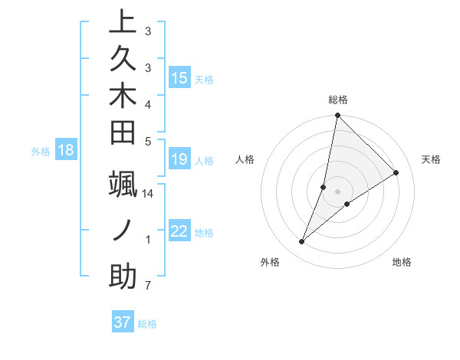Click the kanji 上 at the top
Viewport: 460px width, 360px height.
point(123,23)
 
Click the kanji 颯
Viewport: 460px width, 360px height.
point(123,185)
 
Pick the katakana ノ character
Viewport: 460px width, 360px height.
point(123,231)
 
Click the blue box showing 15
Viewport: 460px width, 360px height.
point(179,78)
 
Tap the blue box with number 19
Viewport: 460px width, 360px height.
point(179,159)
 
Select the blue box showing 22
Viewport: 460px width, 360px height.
point(179,231)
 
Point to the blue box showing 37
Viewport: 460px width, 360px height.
point(123,322)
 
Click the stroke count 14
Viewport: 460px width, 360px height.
point(148,194)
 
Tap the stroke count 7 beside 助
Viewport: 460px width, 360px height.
point(147,286)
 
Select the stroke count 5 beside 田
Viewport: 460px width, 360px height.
point(147,141)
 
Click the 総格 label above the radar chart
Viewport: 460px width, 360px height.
point(337,100)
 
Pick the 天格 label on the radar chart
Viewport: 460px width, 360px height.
point(431,159)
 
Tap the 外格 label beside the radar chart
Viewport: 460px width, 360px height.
point(269,262)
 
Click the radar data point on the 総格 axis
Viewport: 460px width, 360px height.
point(337,116)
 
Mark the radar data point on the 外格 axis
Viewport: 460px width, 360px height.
point(302,242)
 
